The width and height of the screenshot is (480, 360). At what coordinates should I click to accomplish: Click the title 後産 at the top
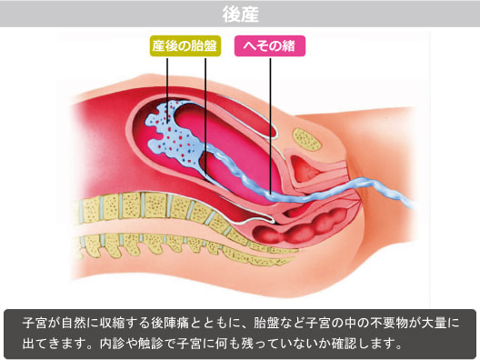[x=240, y=14]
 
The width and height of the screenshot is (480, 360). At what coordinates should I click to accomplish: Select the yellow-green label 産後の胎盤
[x=186, y=45]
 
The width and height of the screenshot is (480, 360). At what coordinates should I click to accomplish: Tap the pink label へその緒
[x=270, y=45]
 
